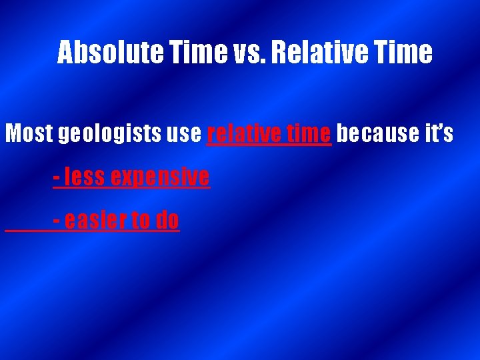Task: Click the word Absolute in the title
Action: coord(109,53)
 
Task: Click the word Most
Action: coord(29,134)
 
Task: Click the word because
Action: coord(377,134)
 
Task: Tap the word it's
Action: coord(438,134)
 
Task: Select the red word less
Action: coord(85,177)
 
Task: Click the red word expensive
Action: coord(160,179)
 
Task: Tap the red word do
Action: coord(167,220)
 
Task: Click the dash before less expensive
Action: coord(57,179)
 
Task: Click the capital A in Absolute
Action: coord(66,53)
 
